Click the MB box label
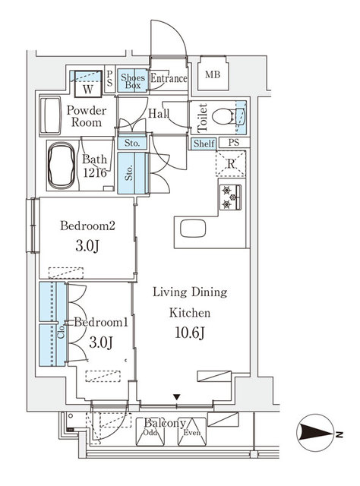(x=213, y=74)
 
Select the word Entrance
(x=168, y=78)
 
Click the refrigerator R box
(x=229, y=163)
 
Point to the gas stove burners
(x=230, y=197)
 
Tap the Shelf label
(x=204, y=144)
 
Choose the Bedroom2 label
(x=87, y=226)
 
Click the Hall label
(x=159, y=114)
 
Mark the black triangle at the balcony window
(x=177, y=396)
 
